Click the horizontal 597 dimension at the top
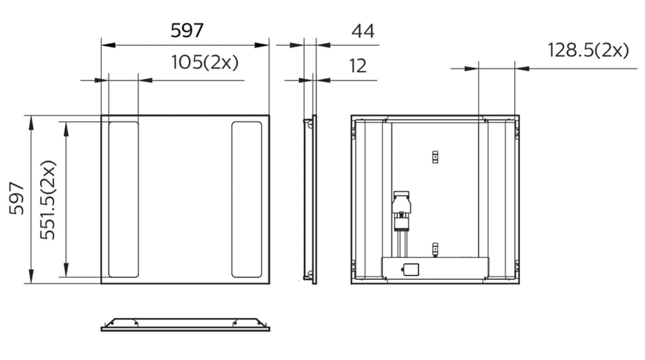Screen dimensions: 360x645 coord(187,30)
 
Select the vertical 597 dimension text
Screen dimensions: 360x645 coord(17,199)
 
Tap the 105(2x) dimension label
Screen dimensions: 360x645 coord(204,63)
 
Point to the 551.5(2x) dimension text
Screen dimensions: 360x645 coord(48,199)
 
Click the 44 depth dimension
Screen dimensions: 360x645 coord(362,30)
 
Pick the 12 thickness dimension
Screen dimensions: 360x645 coord(358,65)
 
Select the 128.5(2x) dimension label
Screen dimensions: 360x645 coord(588,50)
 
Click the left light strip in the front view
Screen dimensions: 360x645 coord(123,199)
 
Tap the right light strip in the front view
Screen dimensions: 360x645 coord(246,199)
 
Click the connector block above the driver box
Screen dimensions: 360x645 coord(402,210)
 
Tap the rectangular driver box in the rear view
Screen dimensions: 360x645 coord(435,267)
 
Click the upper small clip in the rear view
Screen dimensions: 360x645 coord(435,156)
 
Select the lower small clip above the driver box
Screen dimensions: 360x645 coord(435,247)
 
